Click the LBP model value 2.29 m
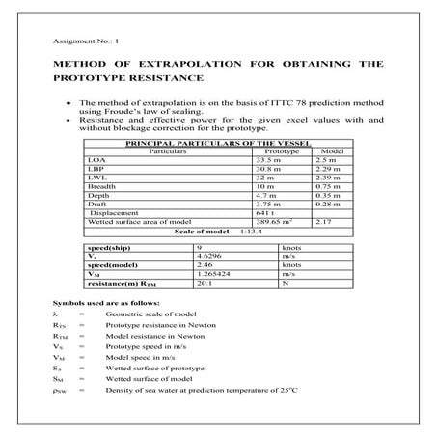pyautogui.click(x=329, y=169)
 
